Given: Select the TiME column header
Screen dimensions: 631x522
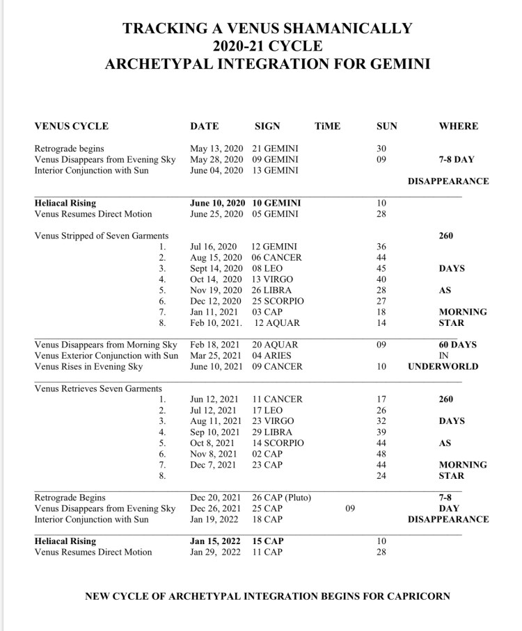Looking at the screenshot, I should coord(327,126).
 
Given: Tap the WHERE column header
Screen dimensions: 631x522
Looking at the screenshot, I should coord(458,126).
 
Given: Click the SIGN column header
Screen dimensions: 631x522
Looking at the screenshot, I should coord(267,126).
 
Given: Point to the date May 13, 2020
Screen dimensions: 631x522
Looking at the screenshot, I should coord(216,148).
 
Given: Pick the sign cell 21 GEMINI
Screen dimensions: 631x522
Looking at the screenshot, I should coord(276,148).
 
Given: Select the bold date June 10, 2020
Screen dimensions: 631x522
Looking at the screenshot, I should coord(218,203).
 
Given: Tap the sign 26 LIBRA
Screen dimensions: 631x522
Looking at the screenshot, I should coord(272,290).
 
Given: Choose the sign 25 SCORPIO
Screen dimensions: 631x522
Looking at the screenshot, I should coord(278,301).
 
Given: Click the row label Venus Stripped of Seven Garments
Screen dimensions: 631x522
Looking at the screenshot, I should coord(100,236).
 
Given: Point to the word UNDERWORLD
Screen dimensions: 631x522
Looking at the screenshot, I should coord(443,366).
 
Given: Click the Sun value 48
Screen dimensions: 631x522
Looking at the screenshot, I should coord(381,454).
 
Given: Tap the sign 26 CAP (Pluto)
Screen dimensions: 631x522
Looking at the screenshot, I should coord(282,498).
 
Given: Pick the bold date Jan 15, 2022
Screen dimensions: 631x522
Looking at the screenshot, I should coord(216,541).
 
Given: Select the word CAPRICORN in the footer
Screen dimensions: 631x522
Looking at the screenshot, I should coord(411,596).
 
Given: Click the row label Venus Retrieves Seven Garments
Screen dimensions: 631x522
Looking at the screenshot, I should coord(98,388).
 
